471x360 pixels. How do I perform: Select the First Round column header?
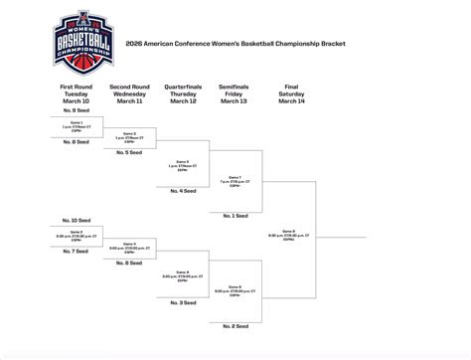76,93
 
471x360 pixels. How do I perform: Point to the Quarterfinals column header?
182,93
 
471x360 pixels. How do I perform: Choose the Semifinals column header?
235,93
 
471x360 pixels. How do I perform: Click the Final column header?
291,93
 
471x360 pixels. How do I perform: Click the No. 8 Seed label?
76,142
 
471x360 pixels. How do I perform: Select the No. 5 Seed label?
128,153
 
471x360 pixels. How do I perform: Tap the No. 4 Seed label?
182,190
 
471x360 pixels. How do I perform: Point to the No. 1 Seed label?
235,216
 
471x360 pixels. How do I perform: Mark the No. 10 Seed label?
76,220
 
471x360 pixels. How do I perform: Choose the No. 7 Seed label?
76,251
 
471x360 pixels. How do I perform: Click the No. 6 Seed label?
128,263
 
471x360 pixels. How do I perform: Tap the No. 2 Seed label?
235,325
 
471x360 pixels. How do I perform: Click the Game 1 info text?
76,126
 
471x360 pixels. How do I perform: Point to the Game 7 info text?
235,180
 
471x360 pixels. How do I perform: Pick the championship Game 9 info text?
289,237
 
